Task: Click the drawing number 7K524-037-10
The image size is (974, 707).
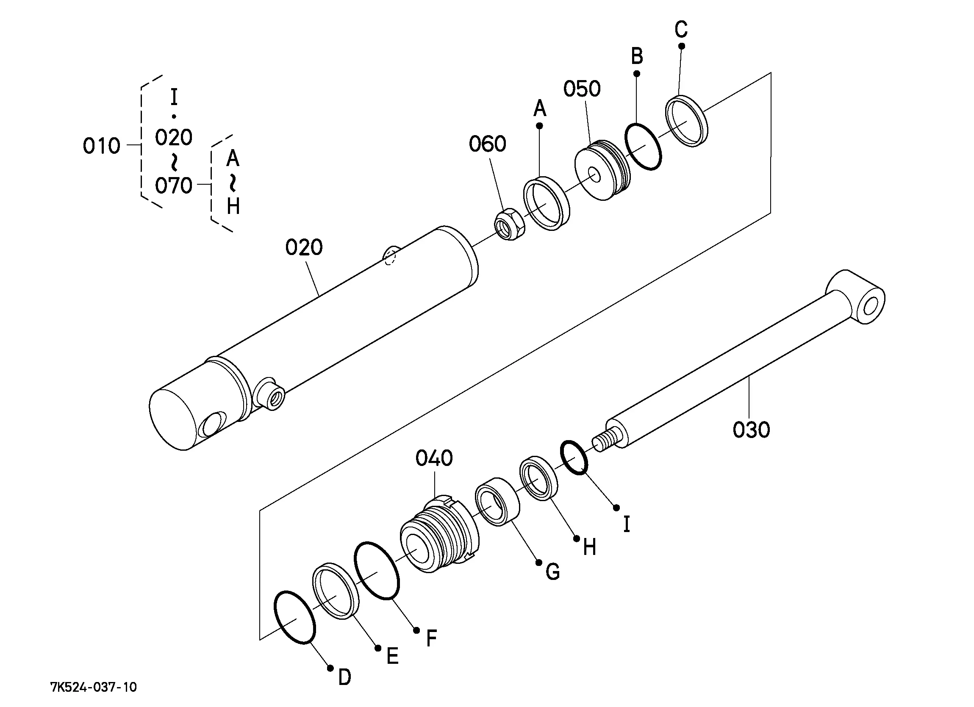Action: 94,688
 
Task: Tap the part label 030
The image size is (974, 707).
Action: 751,430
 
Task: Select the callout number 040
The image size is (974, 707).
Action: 434,458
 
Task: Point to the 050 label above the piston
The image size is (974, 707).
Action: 582,89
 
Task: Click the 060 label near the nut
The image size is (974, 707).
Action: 488,144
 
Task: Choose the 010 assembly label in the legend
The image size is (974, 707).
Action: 101,146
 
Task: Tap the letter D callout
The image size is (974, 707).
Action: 344,678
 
